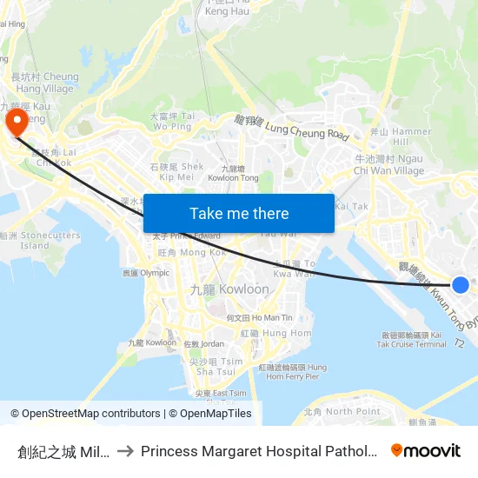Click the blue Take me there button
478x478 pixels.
[x=239, y=214]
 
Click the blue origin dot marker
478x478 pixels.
[x=461, y=285]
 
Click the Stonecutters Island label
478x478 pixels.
[x=43, y=240]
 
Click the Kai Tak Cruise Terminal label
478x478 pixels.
[x=414, y=339]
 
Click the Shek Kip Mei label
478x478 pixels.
[x=177, y=171]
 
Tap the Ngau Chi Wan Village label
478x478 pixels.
[x=388, y=165]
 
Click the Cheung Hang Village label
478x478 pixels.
[x=43, y=83]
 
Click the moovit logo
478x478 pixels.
[x=426, y=450]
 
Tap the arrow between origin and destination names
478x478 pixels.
[x=126, y=451]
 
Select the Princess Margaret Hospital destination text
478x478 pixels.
[x=258, y=451]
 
